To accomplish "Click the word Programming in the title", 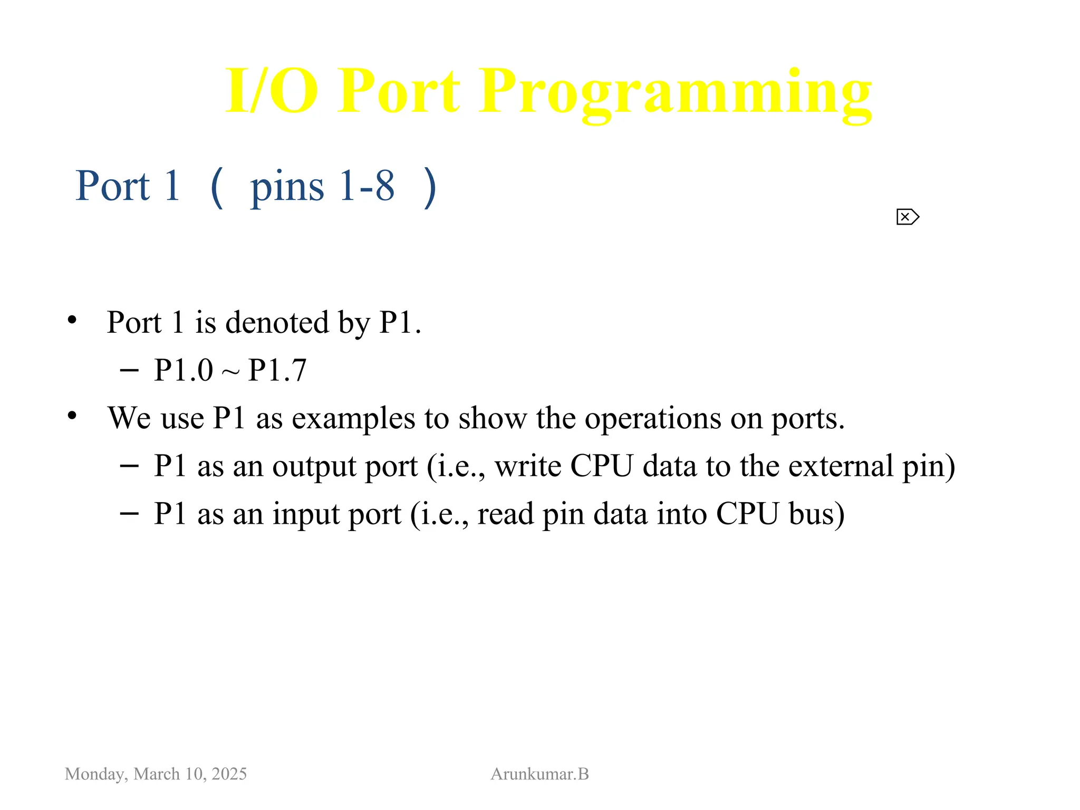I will tap(675, 92).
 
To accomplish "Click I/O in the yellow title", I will tap(272, 91).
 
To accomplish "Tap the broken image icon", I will tap(908, 217).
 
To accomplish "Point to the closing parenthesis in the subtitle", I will tap(430, 187).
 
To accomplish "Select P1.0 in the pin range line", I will tap(183, 370).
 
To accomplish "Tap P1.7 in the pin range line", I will tap(277, 370).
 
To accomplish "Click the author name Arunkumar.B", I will tap(539, 774).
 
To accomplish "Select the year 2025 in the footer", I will tap(229, 774).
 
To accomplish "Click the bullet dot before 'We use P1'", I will tap(72, 416).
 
